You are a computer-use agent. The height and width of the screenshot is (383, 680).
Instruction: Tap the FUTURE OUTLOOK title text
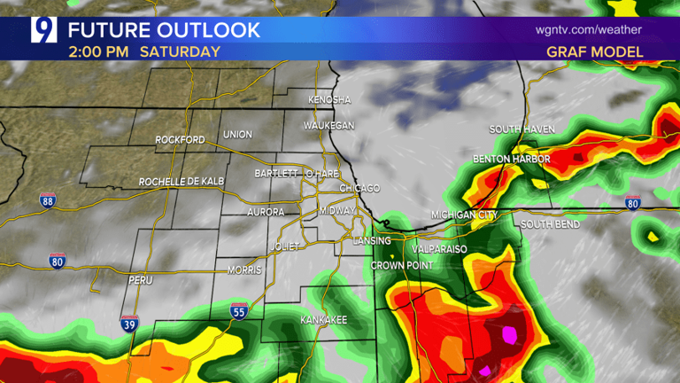(x=165, y=30)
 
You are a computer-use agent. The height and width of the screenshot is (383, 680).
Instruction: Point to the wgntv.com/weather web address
(x=589, y=29)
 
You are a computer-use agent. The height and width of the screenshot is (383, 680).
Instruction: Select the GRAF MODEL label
(x=595, y=52)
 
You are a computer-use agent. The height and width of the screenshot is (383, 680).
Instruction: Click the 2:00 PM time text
(x=97, y=51)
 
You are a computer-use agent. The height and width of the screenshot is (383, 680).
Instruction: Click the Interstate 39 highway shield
(x=129, y=324)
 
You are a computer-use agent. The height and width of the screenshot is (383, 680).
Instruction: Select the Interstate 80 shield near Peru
(x=58, y=261)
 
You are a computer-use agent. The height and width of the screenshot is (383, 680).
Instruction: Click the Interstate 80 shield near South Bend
(x=632, y=203)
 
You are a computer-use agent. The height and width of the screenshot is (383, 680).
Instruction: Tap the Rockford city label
(x=180, y=140)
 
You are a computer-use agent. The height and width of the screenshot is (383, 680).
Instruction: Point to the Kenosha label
(x=329, y=99)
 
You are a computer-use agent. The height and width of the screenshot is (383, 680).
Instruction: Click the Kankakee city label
(x=323, y=319)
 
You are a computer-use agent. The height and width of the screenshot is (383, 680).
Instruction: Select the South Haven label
(x=522, y=129)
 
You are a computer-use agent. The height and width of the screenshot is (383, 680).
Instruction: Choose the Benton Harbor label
(x=512, y=160)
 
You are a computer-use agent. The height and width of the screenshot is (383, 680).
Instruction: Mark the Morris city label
(x=244, y=270)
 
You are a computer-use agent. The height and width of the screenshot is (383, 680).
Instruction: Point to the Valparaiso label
(x=438, y=250)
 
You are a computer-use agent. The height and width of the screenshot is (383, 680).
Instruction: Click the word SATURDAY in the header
(x=180, y=51)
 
